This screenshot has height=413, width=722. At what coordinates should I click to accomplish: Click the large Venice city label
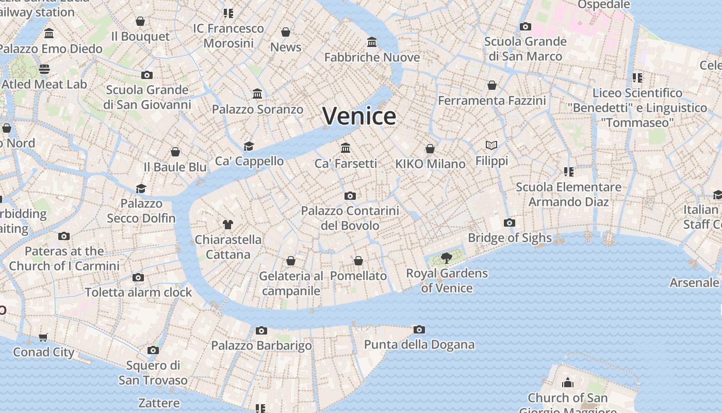pos(359,116)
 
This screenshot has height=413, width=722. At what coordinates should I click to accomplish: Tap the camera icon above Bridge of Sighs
pos(510,223)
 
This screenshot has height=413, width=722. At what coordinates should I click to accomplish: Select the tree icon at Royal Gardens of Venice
pos(447,258)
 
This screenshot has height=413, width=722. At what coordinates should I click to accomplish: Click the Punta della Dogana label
pos(419,344)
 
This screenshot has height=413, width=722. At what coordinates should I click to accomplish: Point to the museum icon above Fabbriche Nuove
pos(372,42)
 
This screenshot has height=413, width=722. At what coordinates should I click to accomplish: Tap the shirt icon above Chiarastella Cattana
pos(228,224)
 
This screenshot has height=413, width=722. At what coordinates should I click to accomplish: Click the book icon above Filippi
pos(491,146)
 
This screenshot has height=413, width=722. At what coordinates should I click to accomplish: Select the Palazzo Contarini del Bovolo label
pos(350,218)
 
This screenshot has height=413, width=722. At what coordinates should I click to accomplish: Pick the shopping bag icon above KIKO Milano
pos(430,149)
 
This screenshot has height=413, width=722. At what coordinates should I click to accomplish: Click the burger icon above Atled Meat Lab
pos(44,69)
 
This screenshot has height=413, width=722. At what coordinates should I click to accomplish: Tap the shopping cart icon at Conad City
pos(43,337)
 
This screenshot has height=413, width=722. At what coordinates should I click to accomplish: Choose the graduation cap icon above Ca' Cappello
pos(249,146)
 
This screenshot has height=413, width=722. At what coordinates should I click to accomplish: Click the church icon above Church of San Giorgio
pos(568,383)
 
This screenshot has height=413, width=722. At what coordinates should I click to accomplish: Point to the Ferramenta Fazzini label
pos(491,100)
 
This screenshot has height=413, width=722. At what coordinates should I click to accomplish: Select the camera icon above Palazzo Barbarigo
pos(261,330)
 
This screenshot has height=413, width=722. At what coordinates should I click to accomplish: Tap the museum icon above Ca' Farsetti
pos(346,148)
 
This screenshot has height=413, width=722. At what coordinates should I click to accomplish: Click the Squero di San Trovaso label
pos(153,373)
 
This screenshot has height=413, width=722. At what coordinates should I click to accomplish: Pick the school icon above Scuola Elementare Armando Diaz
pos(568,171)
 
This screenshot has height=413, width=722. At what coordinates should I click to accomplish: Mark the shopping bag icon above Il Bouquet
pos(140,21)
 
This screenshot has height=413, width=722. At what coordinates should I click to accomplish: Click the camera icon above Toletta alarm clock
pos(138,277)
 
